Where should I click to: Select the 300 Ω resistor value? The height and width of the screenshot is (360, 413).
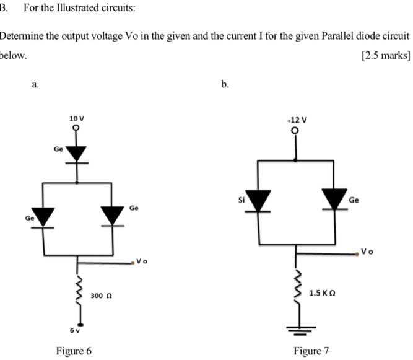tap(99, 297)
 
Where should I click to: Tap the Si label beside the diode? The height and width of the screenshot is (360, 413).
tap(243, 200)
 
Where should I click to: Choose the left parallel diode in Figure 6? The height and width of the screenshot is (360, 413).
tap(43, 216)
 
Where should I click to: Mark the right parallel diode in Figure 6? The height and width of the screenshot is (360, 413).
tap(113, 216)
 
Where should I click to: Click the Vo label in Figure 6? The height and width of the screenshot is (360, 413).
tap(142, 261)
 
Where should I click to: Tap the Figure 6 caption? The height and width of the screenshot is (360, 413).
tap(74, 351)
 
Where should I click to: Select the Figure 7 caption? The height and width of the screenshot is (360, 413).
tap(311, 351)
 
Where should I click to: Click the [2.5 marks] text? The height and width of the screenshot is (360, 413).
tap(385, 55)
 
